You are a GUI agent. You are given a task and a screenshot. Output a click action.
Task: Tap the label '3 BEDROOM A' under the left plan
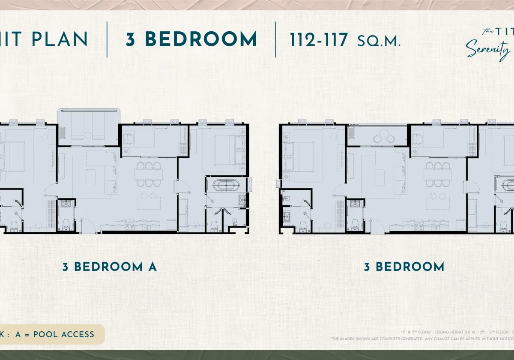coord(110,267)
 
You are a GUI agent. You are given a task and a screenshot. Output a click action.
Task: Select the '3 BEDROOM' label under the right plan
coord(404,267)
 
